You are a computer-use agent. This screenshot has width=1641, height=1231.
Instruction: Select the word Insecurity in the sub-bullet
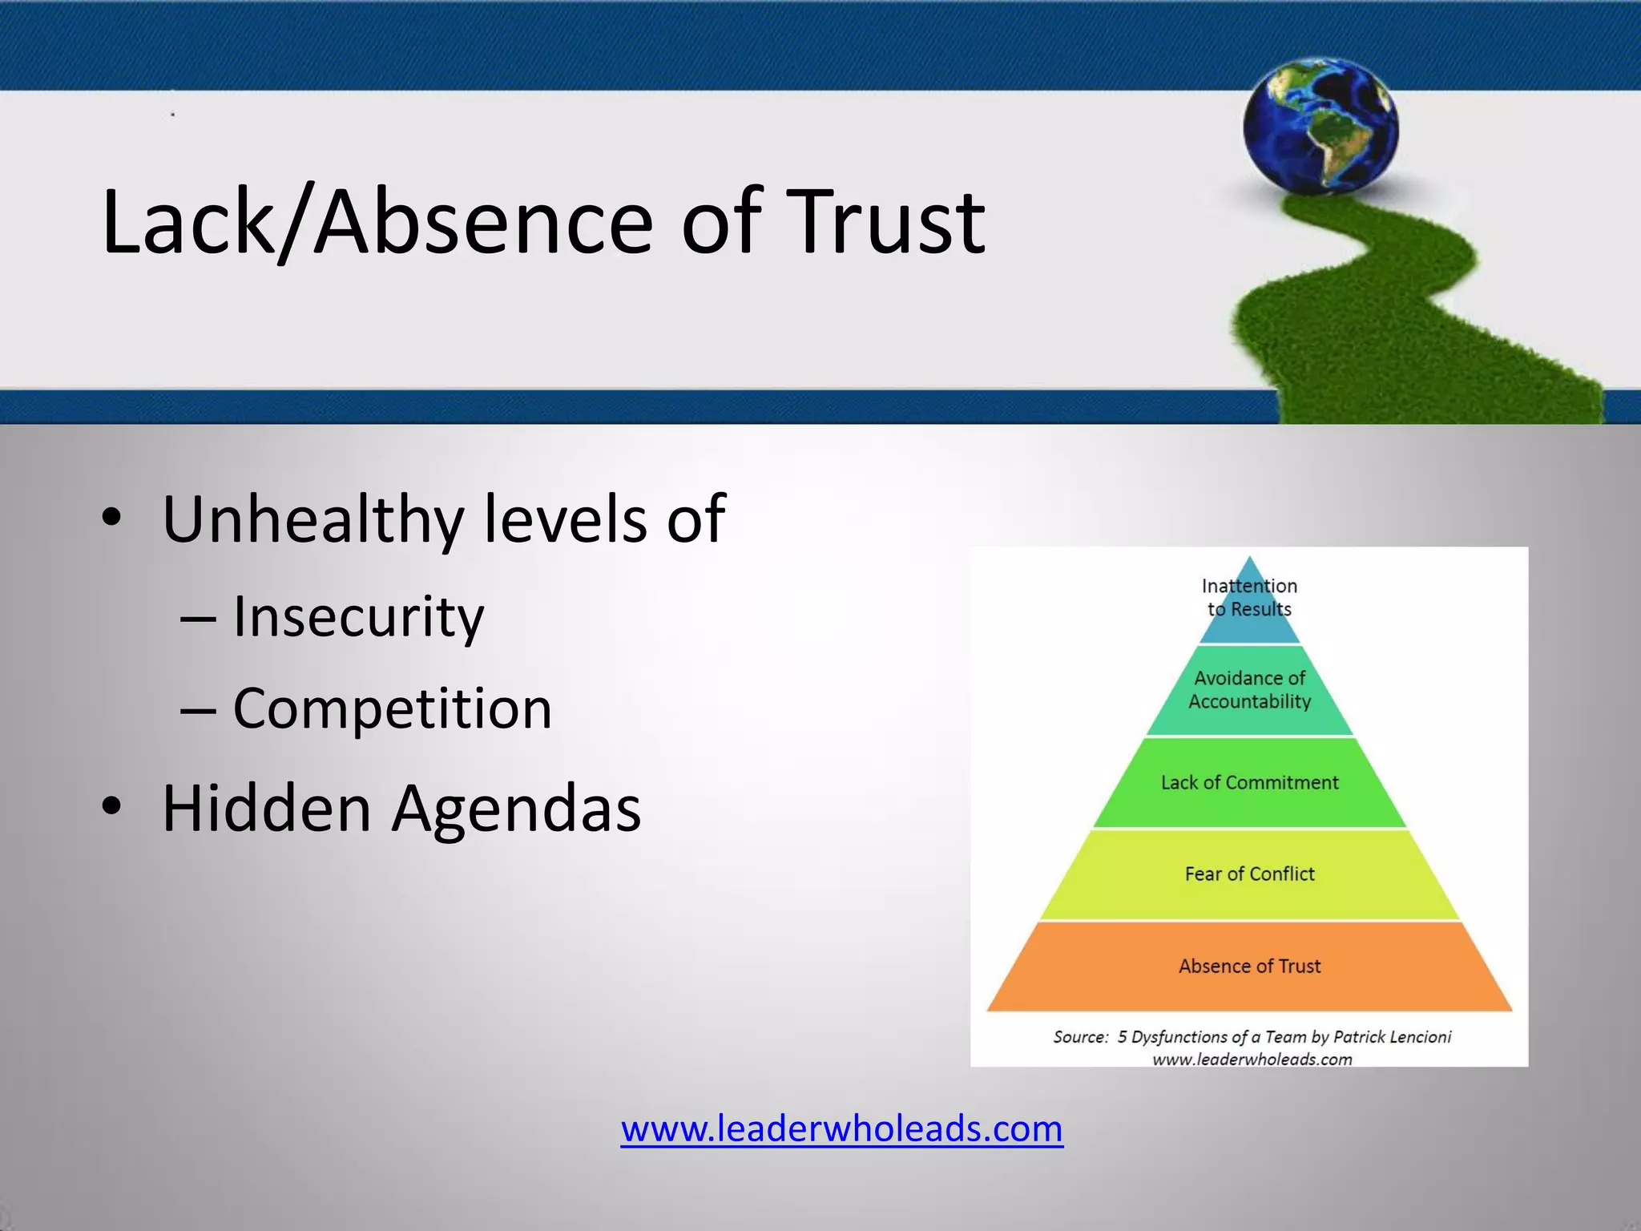point(358,617)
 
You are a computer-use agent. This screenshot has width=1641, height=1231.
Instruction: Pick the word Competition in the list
point(392,708)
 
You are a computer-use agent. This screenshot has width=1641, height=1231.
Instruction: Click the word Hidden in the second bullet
point(266,808)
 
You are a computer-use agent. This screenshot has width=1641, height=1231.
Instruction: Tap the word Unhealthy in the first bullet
point(312,519)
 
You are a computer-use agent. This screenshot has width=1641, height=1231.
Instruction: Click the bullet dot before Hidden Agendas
point(112,806)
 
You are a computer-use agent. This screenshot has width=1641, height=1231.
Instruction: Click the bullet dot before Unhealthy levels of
point(112,518)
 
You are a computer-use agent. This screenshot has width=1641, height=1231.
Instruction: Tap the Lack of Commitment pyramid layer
point(1249,782)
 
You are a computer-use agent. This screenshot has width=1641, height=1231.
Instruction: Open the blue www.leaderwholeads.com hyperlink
point(841,1128)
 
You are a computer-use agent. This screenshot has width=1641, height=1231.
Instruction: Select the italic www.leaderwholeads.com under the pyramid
point(1252,1059)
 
